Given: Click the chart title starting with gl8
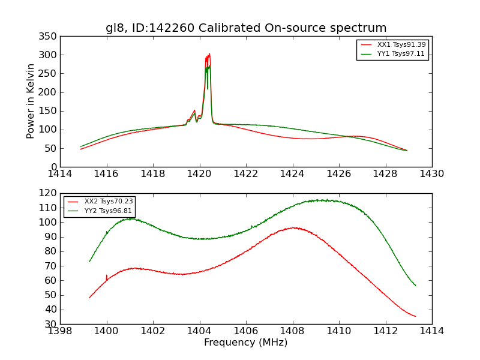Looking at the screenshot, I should click(x=246, y=28).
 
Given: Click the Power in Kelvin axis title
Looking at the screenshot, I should click(x=31, y=101).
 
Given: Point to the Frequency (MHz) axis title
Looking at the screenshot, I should click(x=246, y=343).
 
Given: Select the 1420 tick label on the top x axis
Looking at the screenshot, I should click(x=200, y=174).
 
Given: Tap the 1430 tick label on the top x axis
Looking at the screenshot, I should click(x=432, y=174).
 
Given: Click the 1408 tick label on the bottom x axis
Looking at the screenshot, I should click(x=292, y=331).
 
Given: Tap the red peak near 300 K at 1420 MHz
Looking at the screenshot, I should click(x=209, y=55).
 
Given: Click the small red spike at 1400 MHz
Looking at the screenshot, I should click(x=106, y=275).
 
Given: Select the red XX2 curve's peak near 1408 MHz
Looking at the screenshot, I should click(x=293, y=228).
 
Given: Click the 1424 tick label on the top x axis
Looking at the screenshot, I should click(x=293, y=174).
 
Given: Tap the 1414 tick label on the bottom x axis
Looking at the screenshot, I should click(x=432, y=331).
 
